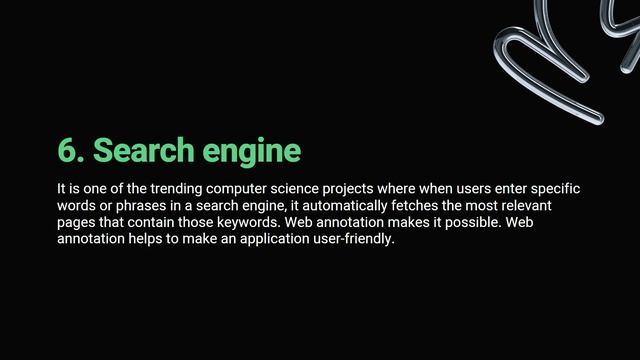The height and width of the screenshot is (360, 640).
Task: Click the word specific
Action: pos(555,189)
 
